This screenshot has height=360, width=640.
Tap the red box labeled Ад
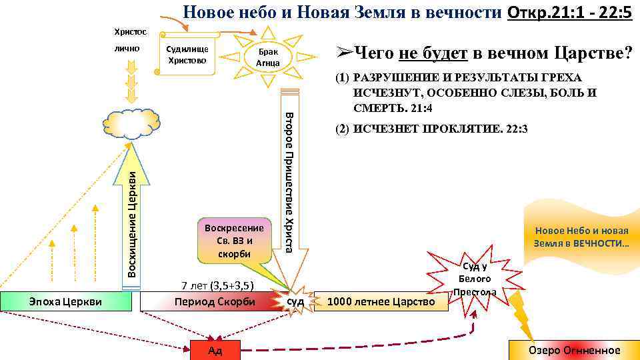point(215,350)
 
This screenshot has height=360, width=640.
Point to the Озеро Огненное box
point(574,350)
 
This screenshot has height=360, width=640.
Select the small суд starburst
point(295,301)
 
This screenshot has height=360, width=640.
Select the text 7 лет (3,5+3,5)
point(217,287)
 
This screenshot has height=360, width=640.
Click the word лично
point(127,48)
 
